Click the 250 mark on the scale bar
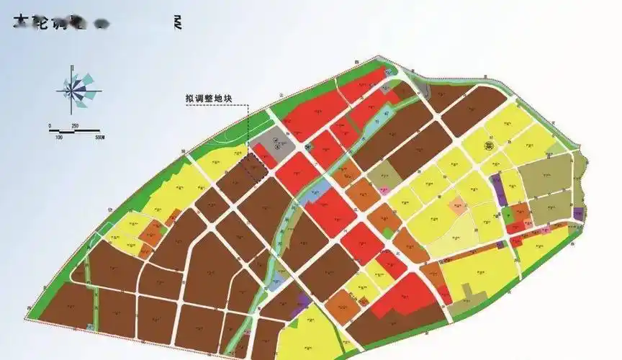click(75, 126)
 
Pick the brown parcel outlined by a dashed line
click(253, 168)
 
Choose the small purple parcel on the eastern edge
click(578, 214)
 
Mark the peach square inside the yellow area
click(457, 207)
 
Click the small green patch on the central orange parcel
click(389, 233)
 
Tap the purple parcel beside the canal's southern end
click(303, 302)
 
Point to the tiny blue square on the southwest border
click(90, 328)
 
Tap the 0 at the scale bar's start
click(50, 126)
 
